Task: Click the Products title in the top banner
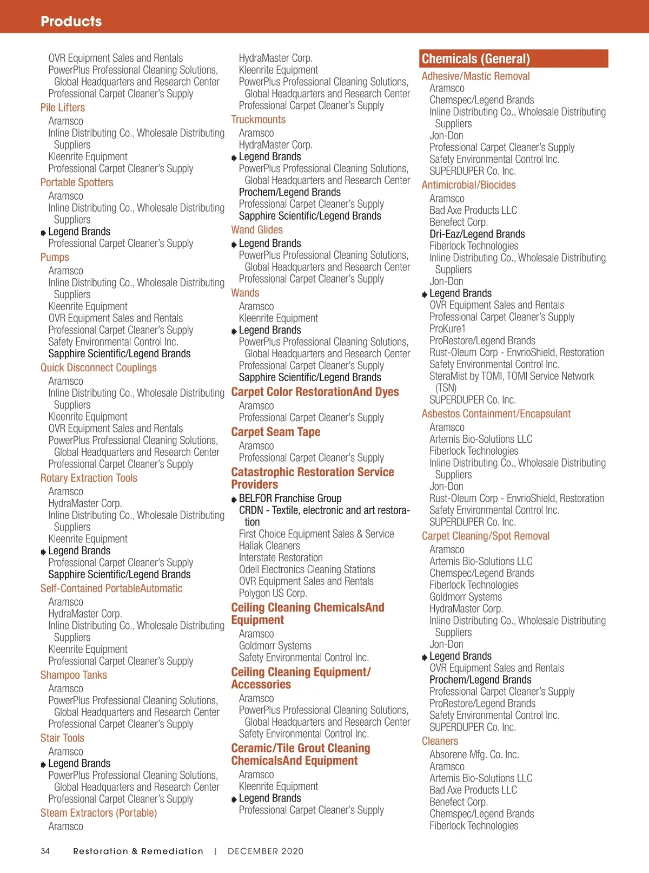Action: coord(71,21)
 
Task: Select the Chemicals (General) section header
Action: coord(475,58)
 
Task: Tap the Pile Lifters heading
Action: coord(63,108)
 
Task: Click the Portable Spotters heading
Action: coord(77,182)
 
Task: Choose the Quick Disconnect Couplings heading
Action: coord(98,367)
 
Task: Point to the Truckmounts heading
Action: coord(258,120)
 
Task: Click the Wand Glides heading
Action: coord(257,230)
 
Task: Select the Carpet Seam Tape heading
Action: coord(275,432)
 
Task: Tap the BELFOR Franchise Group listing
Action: coord(290,498)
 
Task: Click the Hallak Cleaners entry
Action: coord(269,546)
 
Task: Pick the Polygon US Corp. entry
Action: coord(273,593)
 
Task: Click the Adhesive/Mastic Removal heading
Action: coord(475,76)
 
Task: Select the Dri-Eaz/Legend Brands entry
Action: coord(477,234)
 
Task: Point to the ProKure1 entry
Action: coord(447,329)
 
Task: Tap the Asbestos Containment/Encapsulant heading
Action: coord(496,414)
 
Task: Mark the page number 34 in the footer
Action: coord(45,851)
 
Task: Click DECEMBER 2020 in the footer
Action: coord(266,851)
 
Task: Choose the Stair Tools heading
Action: coord(62,738)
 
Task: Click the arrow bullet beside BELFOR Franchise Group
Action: coord(234,500)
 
